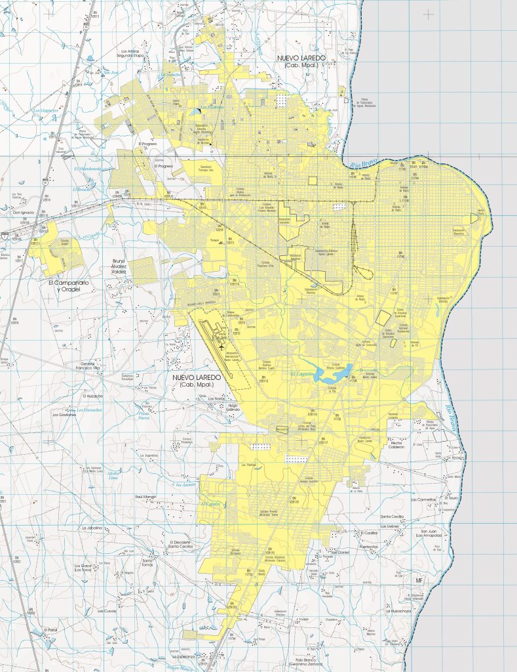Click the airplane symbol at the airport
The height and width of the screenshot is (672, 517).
tap(222, 346)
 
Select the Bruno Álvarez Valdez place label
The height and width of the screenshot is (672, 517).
tap(119, 266)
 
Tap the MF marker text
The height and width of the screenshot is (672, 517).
tap(421, 581)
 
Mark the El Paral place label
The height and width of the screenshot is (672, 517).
tap(51, 630)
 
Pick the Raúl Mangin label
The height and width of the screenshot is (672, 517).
tap(146, 497)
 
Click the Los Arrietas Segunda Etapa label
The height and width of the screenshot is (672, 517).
tap(136, 54)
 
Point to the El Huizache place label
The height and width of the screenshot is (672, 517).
tap(93, 396)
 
